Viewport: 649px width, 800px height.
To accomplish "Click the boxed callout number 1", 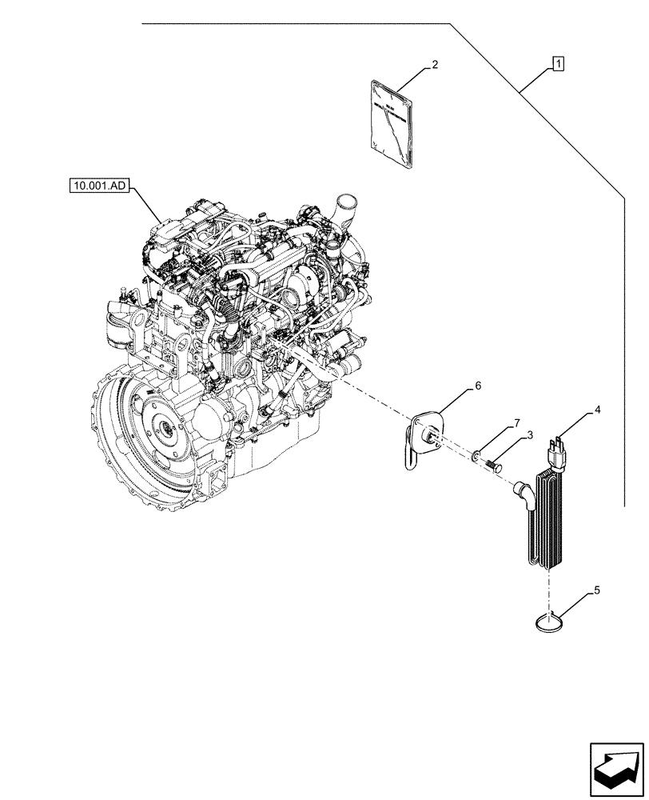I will [558, 63].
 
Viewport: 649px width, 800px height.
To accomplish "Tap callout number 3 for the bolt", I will [528, 434].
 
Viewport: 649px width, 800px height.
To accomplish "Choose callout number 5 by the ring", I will [595, 592].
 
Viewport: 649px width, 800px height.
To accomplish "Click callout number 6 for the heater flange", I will [478, 386].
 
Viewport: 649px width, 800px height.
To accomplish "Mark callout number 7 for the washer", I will [517, 422].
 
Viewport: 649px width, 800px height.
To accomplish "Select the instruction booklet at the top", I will [392, 124].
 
